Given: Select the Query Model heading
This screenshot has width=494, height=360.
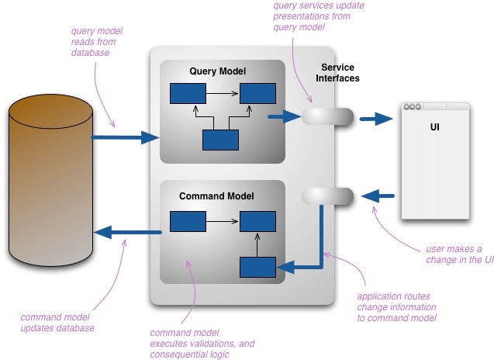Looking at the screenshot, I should pyautogui.click(x=217, y=71).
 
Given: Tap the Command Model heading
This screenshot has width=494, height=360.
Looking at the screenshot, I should pyautogui.click(x=217, y=196).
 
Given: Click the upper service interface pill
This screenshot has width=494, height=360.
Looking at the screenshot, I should pyautogui.click(x=326, y=117).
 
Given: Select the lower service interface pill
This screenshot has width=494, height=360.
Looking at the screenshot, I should pyautogui.click(x=326, y=196).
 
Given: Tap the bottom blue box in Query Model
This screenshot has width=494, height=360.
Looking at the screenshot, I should pyautogui.click(x=220, y=140).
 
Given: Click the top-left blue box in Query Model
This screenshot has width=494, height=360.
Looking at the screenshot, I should pyautogui.click(x=188, y=95).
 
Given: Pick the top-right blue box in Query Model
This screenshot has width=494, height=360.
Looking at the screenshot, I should pyautogui.click(x=257, y=95).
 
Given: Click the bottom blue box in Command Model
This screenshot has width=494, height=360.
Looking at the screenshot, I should pyautogui.click(x=257, y=268).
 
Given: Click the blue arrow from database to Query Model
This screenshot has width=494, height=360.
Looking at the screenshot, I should pyautogui.click(x=124, y=138).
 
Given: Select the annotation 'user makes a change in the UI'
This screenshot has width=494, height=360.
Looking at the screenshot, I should pyautogui.click(x=459, y=254).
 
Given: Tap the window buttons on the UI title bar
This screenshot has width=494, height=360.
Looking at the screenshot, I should pyautogui.click(x=413, y=106).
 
